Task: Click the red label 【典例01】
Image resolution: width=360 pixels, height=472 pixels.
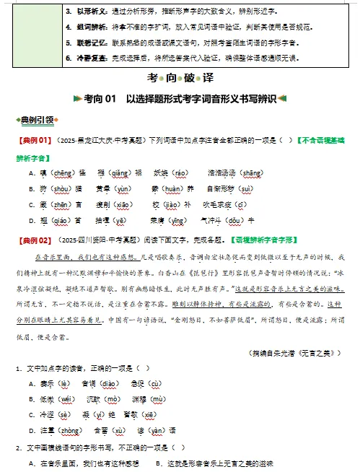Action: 33,139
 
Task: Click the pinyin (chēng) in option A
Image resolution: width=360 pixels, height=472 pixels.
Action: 58,173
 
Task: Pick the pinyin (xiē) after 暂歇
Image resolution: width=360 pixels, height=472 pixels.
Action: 171,415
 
